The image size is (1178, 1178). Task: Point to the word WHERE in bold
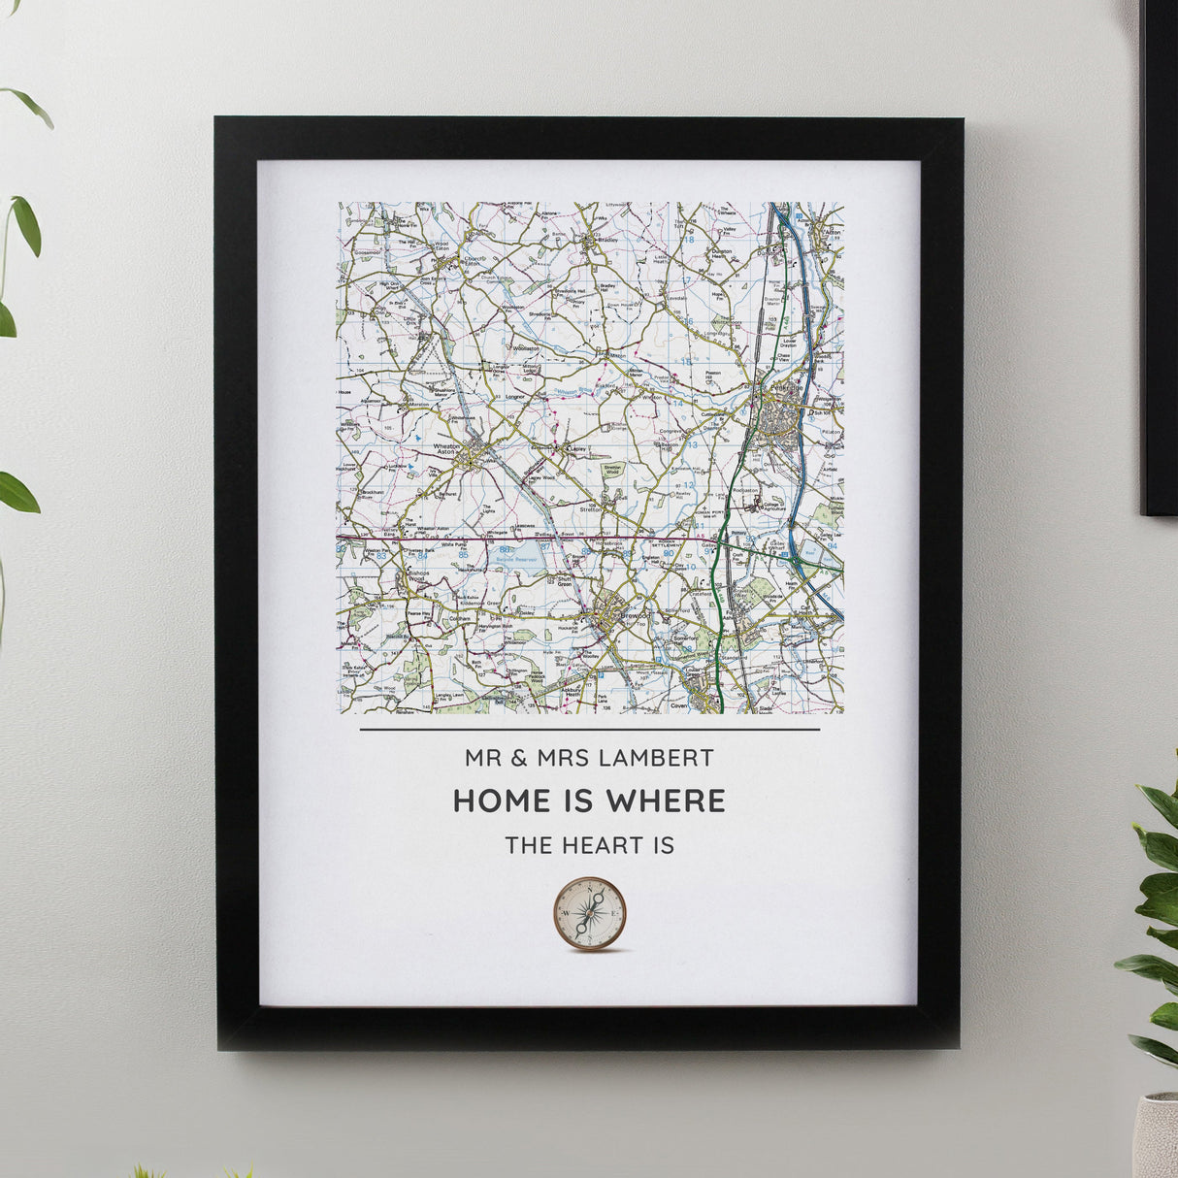point(665,801)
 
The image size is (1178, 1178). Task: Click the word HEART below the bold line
point(599,844)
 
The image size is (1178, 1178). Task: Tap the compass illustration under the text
point(589,913)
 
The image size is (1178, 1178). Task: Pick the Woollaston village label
point(525,346)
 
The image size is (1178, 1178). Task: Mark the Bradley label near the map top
point(608,239)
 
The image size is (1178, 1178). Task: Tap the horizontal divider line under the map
point(589,729)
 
